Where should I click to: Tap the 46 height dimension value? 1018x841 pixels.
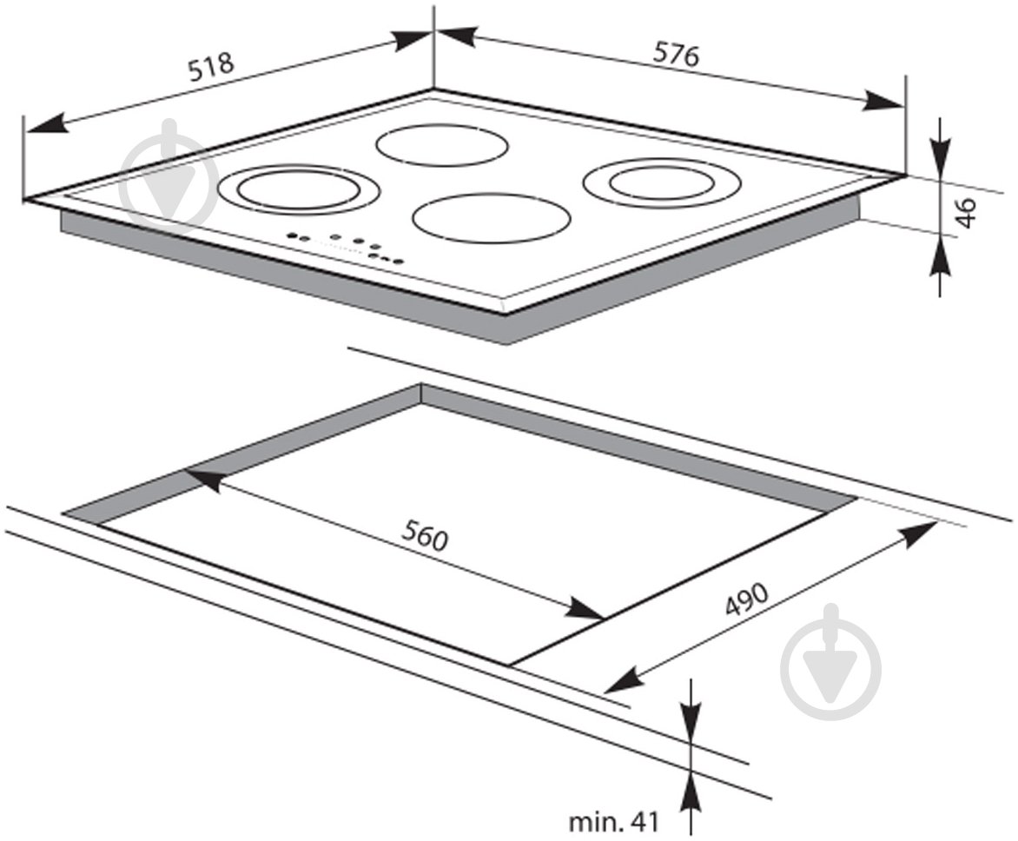[966, 212]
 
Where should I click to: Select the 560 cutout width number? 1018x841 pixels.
[425, 536]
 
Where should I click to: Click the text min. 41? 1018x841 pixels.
[613, 822]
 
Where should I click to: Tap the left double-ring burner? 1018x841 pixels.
[289, 189]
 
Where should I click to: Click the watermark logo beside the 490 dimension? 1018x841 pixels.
[831, 662]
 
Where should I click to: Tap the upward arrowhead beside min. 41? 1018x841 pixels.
[691, 791]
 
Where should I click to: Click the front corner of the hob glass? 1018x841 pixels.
[507, 313]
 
